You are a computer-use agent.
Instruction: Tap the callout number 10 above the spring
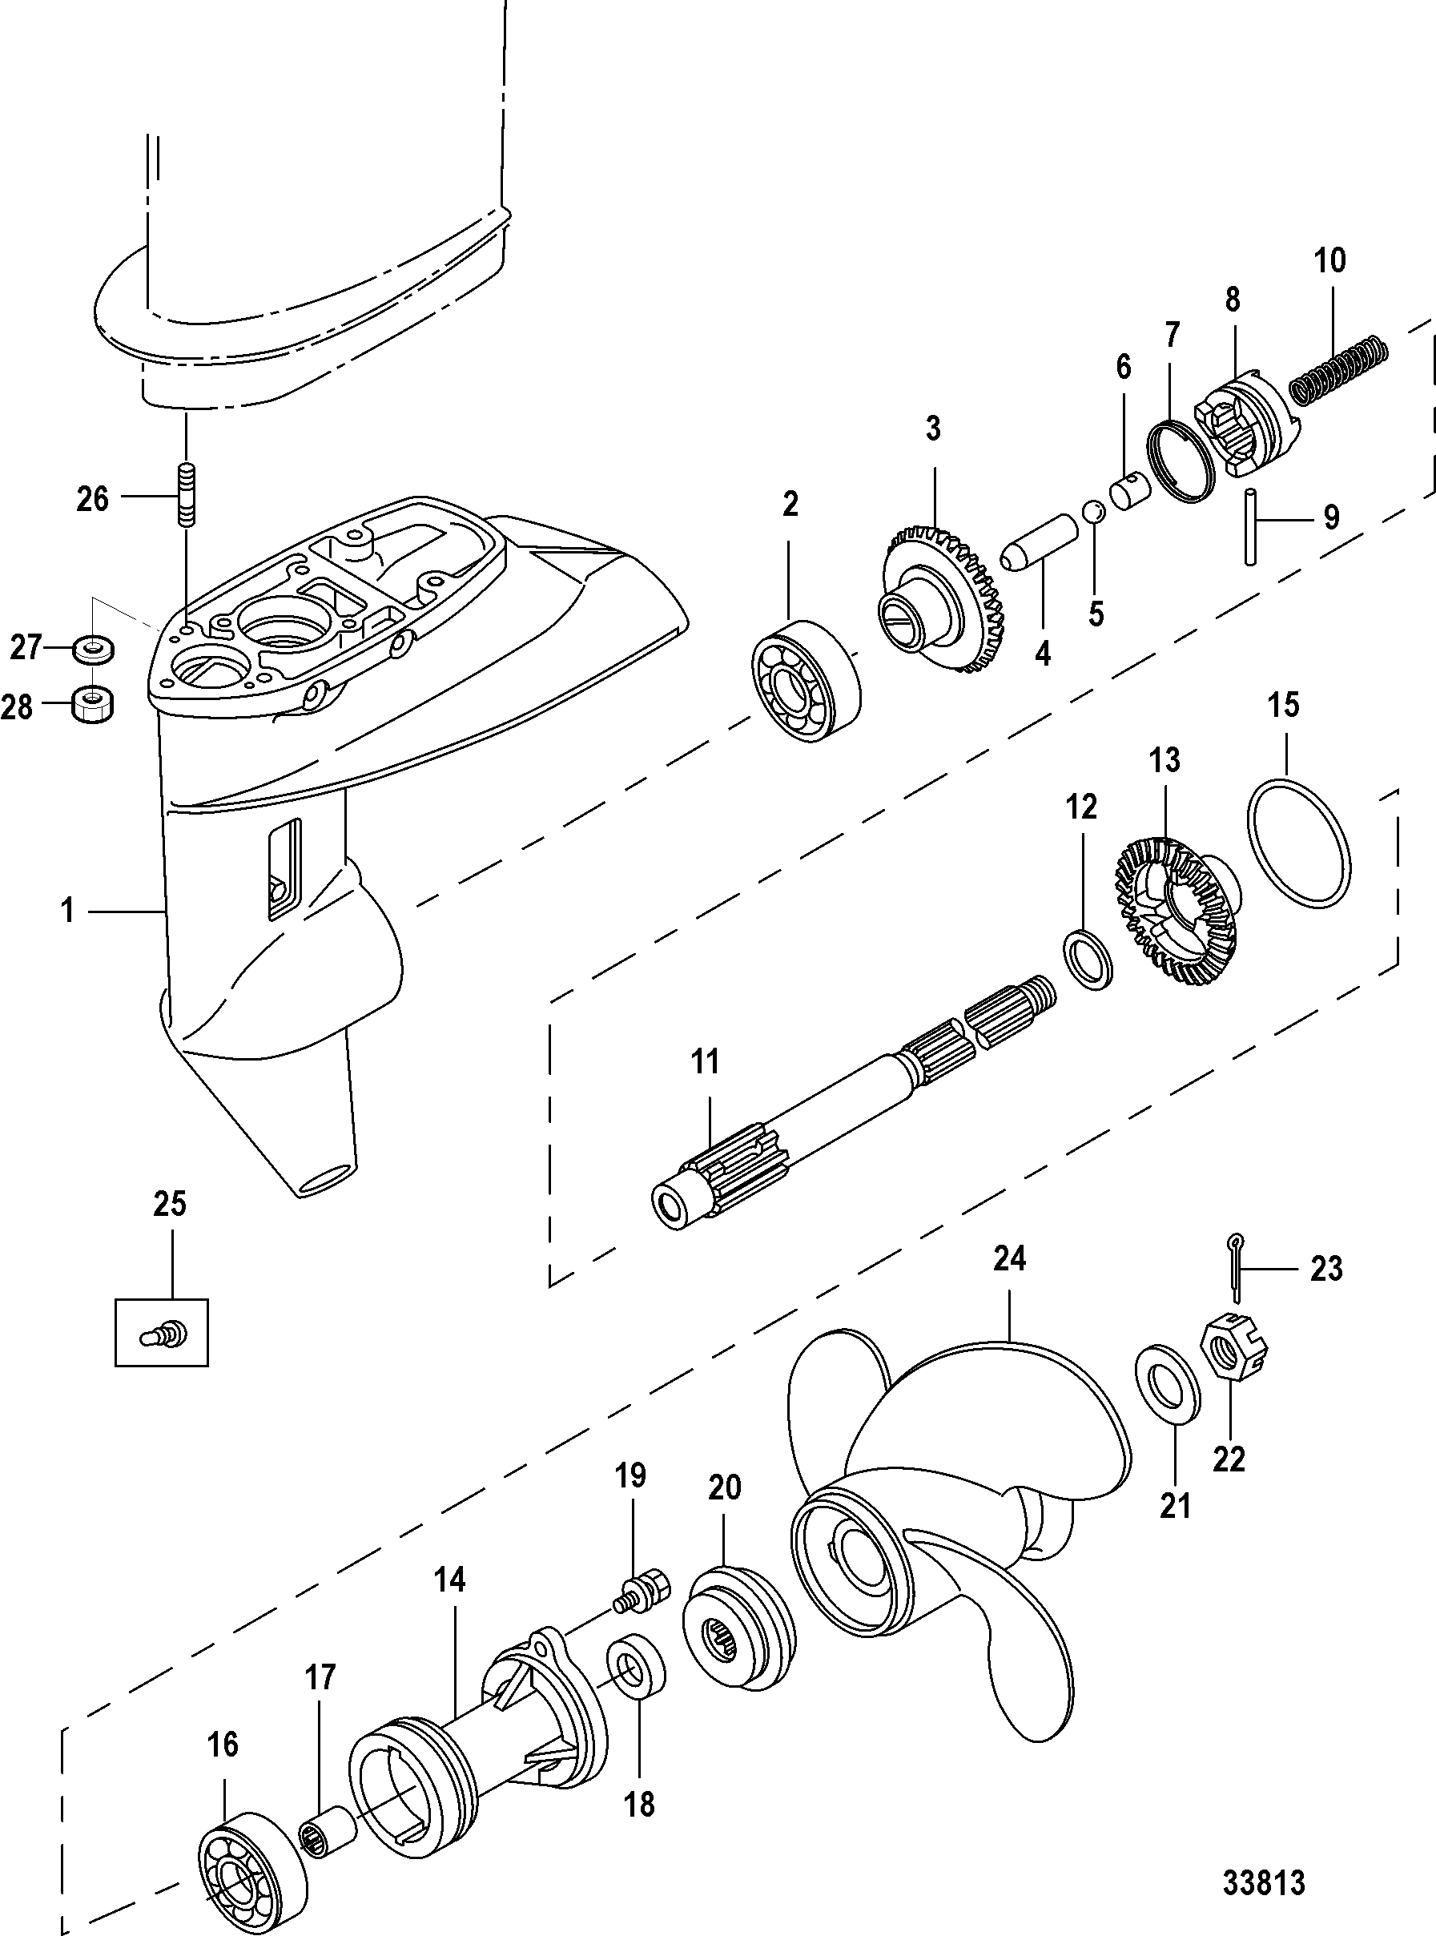[1330, 260]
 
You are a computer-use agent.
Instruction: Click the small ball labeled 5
[1093, 513]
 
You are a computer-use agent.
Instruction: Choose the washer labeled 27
[91, 648]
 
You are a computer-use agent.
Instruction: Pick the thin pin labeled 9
[1251, 528]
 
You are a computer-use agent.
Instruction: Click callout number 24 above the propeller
[1009, 1258]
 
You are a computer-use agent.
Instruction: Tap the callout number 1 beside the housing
[67, 910]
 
